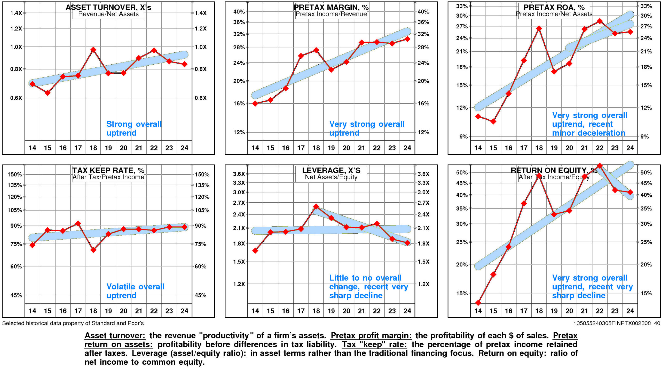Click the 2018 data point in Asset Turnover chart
coord(93,50)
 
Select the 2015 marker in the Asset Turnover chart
coord(48,93)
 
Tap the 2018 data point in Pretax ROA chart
coord(539,28)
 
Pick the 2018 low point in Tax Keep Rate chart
coord(93,250)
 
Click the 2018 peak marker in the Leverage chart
coord(316,207)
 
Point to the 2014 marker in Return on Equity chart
coord(478,303)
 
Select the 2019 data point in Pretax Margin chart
coord(331,70)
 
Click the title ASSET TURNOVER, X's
coord(108,7)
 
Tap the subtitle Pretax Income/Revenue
coord(331,14)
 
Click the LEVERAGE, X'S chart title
coord(331,170)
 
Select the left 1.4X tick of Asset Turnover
coord(16,13)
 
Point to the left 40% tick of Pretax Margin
coord(239,12)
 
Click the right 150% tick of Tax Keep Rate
coord(202,174)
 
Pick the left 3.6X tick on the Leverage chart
coord(239,174)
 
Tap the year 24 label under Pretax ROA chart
coord(630,148)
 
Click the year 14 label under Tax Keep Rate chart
coord(32,311)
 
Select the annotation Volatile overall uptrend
coord(135,291)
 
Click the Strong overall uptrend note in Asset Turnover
coord(134,128)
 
